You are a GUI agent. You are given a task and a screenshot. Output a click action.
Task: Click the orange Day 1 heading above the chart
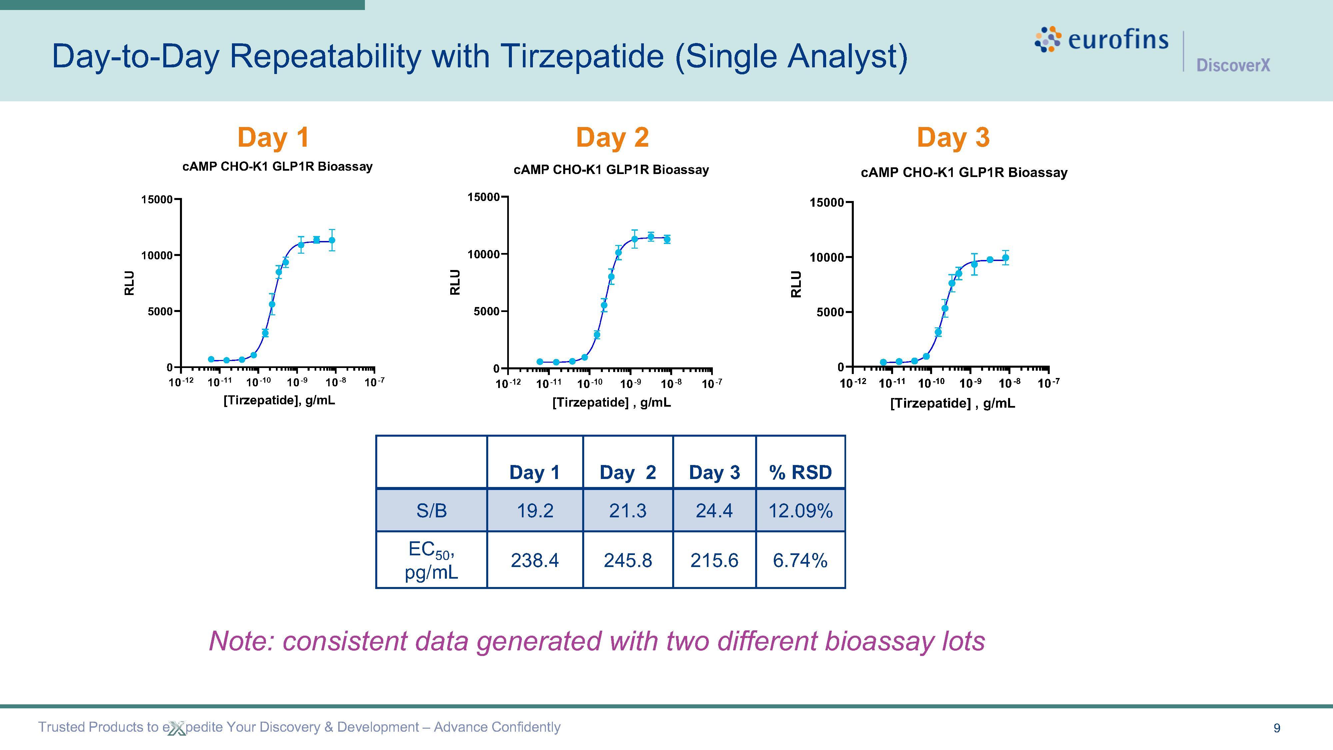pos(273,138)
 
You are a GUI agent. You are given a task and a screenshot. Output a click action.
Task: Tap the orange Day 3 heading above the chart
pos(953,138)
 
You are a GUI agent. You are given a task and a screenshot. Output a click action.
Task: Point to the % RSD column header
pos(800,472)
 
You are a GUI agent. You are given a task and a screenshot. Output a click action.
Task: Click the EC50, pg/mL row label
pos(432,560)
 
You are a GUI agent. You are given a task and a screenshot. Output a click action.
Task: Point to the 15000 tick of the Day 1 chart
pos(156,200)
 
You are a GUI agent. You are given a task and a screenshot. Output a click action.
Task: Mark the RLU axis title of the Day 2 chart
pos(455,282)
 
